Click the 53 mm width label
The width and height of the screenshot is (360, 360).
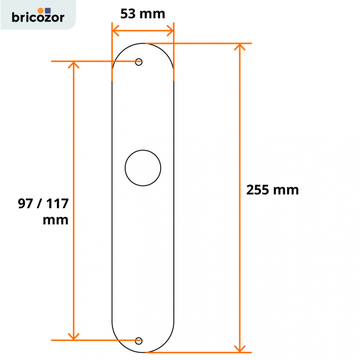143,14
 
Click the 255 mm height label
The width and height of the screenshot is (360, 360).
272,190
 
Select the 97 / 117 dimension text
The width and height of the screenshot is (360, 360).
43,203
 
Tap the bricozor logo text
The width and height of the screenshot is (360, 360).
38,18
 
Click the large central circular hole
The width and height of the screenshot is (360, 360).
143,167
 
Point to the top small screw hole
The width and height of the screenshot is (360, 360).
139,62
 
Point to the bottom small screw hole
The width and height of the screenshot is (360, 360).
139,340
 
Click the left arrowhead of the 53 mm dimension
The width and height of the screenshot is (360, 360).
115,30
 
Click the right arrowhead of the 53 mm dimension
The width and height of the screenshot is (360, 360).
171,30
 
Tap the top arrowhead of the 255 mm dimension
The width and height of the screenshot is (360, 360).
239,47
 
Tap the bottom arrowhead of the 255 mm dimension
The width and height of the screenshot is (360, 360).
239,348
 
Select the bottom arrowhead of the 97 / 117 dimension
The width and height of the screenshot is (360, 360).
73,336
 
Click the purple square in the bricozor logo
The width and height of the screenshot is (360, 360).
47,10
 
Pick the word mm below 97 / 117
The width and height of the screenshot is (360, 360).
55,220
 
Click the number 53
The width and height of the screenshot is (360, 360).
128,14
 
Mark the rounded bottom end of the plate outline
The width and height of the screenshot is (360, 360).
143,352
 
